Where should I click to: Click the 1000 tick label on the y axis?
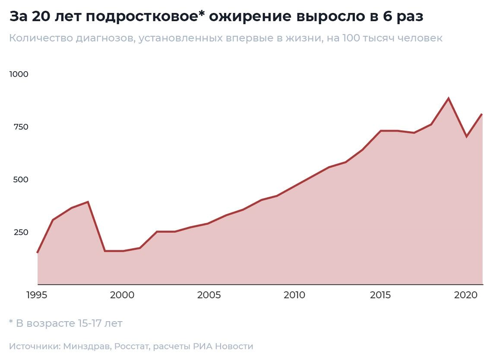pyautogui.click(x=19, y=74)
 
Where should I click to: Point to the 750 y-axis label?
pyautogui.click(x=21, y=127)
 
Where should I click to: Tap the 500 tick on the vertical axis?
pyautogui.click(x=21, y=180)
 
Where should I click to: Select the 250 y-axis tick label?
pyautogui.click(x=21, y=232)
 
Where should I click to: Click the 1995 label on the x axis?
pyautogui.click(x=37, y=295)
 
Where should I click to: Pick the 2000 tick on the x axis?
pyautogui.click(x=122, y=295)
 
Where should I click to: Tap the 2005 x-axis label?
pyautogui.click(x=209, y=295)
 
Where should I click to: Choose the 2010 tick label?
pyautogui.click(x=294, y=295)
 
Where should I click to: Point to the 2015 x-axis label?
pyautogui.click(x=380, y=295)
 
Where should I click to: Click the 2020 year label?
pyautogui.click(x=466, y=295)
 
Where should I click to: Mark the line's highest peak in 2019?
pyautogui.click(x=449, y=98)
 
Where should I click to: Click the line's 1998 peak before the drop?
pyautogui.click(x=88, y=202)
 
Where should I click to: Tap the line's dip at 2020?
pyautogui.click(x=466, y=137)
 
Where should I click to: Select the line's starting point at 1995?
pyautogui.click(x=38, y=253)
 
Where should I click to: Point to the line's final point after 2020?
pyautogui.click(x=482, y=114)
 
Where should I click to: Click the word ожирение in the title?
pyautogui.click(x=250, y=17)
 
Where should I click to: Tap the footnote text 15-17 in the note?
pyautogui.click(x=89, y=323)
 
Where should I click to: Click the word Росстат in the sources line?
pyautogui.click(x=132, y=347)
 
